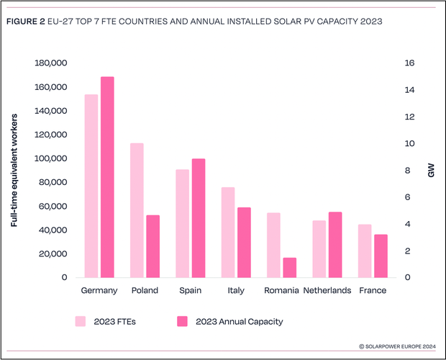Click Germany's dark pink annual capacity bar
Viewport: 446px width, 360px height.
click(107, 177)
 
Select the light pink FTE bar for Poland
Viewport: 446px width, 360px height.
click(137, 210)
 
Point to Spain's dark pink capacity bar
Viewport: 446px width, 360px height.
click(198, 218)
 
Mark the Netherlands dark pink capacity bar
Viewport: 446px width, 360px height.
click(334, 245)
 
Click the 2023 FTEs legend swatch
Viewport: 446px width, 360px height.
click(81, 321)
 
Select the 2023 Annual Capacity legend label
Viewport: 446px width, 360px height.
click(238, 321)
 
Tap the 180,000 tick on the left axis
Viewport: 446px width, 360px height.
click(50, 63)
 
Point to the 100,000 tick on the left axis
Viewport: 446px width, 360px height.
click(50, 158)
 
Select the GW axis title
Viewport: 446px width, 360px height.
click(431, 171)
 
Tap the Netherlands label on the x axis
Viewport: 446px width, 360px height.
click(327, 290)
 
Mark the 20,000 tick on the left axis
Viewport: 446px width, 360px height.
click(50, 253)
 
